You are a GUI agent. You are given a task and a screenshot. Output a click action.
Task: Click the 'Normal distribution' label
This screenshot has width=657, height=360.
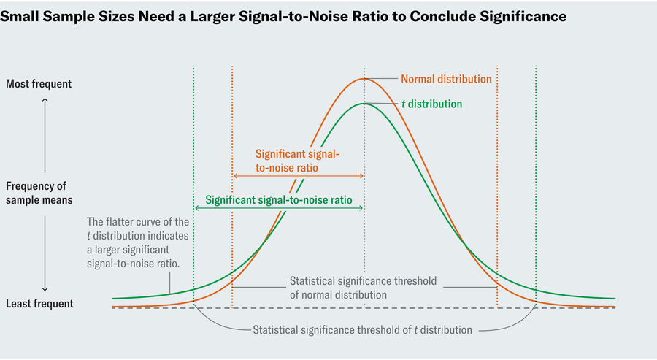click(x=446, y=79)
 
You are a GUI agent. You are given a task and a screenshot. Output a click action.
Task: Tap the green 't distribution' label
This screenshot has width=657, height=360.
click(x=432, y=104)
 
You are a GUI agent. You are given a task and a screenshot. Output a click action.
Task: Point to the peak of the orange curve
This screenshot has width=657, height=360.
click(x=364, y=78)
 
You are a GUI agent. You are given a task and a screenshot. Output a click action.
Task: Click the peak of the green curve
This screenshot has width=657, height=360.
click(x=364, y=103)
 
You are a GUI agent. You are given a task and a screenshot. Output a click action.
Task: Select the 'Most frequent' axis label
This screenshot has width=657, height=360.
click(x=39, y=84)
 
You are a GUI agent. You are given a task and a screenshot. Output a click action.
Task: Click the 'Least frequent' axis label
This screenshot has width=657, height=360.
click(x=39, y=304)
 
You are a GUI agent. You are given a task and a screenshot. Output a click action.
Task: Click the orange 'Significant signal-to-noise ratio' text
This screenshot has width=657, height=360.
click(x=297, y=161)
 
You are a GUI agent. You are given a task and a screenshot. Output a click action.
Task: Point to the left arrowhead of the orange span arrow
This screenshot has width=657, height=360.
click(x=235, y=177)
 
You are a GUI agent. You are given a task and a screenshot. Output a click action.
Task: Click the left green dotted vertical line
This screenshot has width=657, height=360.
click(x=193, y=146)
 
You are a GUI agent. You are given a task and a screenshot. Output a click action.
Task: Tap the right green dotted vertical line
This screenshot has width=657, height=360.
click(x=536, y=146)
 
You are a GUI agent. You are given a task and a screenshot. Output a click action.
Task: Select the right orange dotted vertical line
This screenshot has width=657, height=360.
click(x=497, y=146)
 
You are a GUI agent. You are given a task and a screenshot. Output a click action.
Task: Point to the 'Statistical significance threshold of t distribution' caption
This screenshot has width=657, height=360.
click(x=362, y=330)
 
